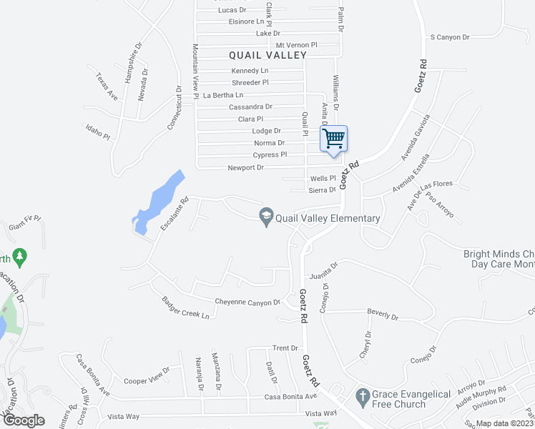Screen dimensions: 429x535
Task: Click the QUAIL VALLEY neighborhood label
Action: click(267, 55)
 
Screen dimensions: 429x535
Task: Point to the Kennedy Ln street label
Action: click(250, 71)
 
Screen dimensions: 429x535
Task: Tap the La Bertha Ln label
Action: click(223, 95)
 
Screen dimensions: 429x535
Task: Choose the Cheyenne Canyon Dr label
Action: click(247, 302)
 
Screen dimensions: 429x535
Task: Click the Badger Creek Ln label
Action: click(185, 309)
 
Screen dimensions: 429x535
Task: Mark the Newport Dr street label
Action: click(245, 167)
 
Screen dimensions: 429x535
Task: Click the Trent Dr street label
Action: click(285, 348)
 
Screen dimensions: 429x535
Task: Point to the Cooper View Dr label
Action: click(147, 376)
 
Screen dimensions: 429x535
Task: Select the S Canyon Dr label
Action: click(449, 37)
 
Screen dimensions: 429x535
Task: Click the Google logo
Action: click(24, 420)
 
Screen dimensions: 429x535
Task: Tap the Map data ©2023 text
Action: click(504, 423)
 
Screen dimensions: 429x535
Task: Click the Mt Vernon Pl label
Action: click(296, 44)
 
